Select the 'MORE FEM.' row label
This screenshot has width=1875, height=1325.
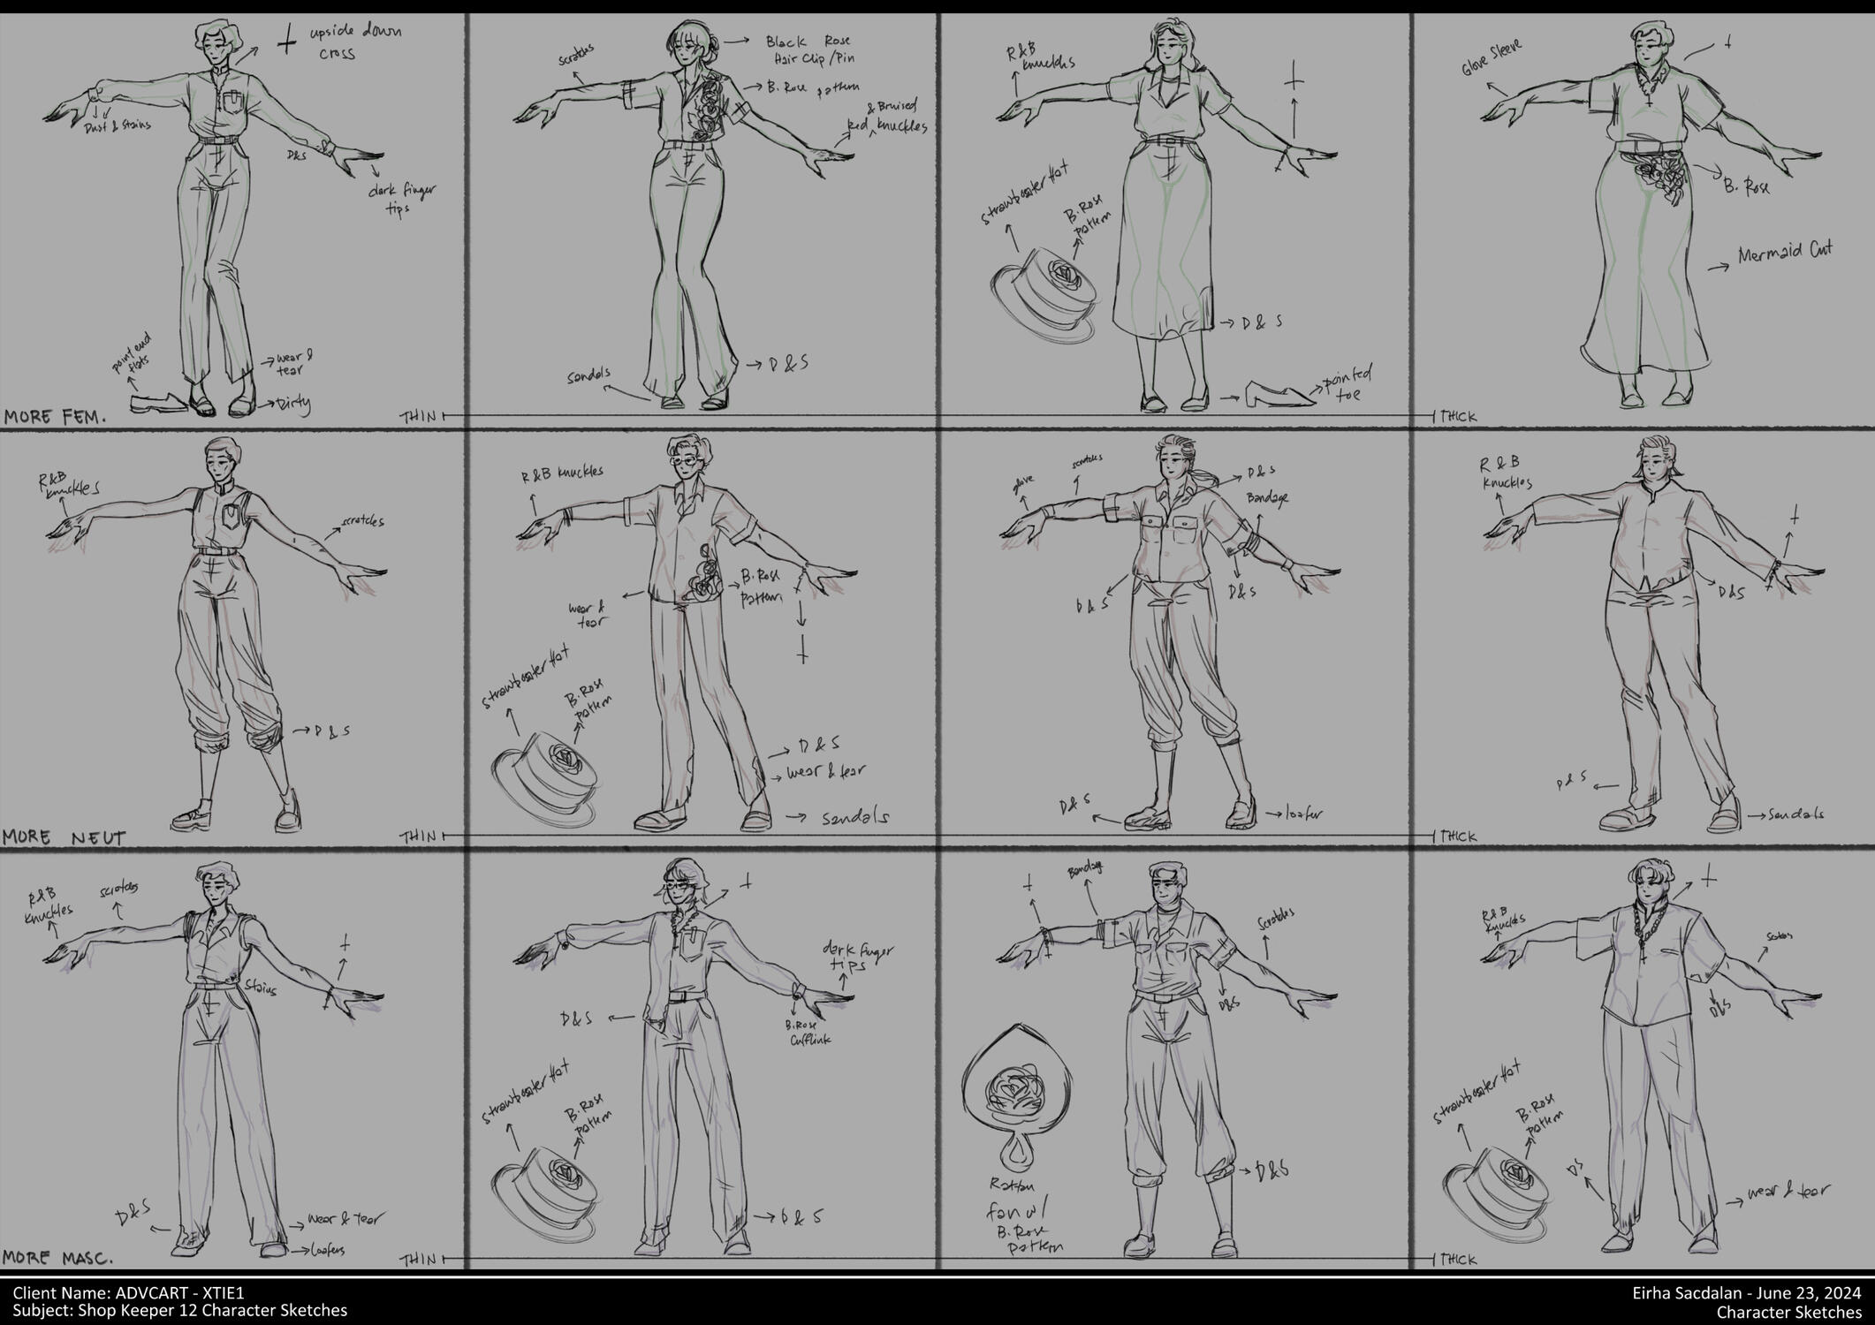[55, 416]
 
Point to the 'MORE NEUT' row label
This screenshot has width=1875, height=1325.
[64, 837]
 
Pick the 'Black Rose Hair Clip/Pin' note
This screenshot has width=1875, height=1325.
[810, 49]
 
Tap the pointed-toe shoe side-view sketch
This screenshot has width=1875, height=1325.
[1279, 396]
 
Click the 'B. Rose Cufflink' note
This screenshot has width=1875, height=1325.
[805, 1033]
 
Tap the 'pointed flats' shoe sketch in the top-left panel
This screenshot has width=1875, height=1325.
[159, 404]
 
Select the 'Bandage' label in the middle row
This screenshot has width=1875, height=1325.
[1267, 499]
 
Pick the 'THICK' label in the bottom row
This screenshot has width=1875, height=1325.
[1458, 1260]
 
